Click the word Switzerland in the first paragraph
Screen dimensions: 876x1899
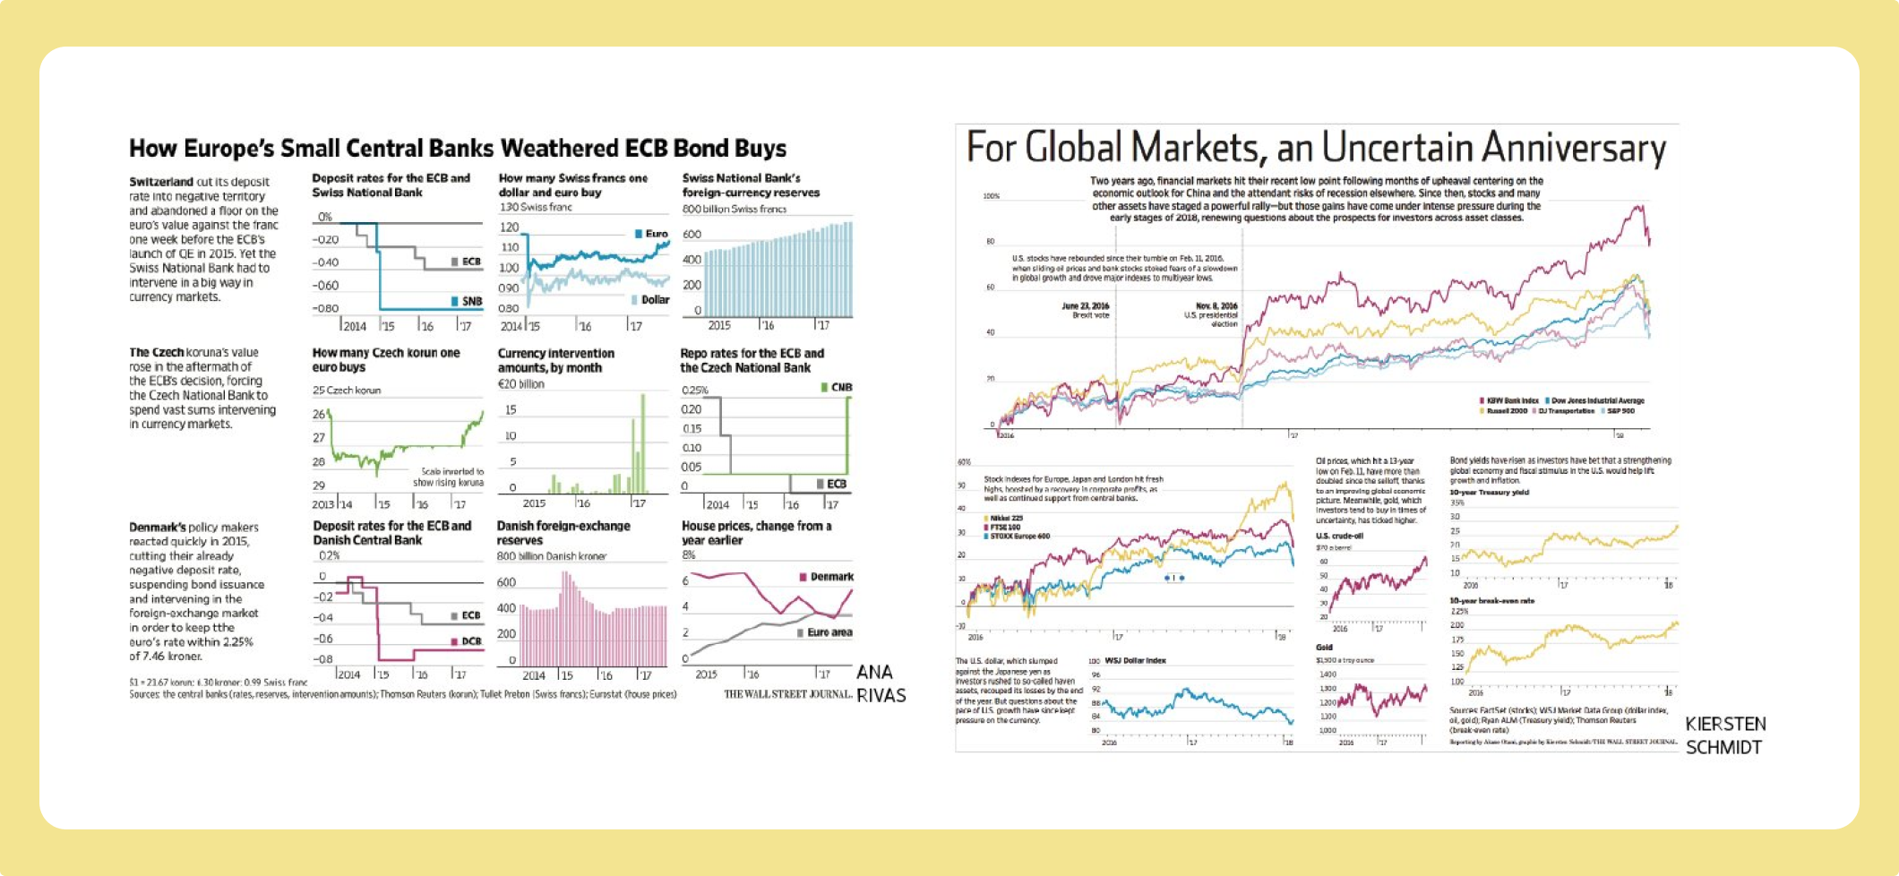pyautogui.click(x=161, y=182)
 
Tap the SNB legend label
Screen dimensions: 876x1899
pyautogui.click(x=471, y=301)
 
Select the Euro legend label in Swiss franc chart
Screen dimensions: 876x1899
pyautogui.click(x=657, y=234)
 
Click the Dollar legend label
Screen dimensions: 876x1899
pyautogui.click(x=655, y=299)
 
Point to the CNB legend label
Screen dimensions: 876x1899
pyautogui.click(x=841, y=387)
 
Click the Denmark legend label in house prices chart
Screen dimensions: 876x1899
pyautogui.click(x=831, y=577)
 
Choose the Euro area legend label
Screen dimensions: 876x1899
pyautogui.click(x=829, y=632)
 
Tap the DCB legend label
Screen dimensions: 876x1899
pyautogui.click(x=471, y=641)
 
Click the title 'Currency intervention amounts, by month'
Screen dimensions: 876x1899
pyautogui.click(x=555, y=360)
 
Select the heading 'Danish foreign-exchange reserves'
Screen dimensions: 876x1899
pyautogui.click(x=563, y=533)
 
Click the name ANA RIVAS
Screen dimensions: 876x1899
pyautogui.click(x=881, y=683)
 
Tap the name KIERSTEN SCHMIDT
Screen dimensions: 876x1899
pyautogui.click(x=1725, y=735)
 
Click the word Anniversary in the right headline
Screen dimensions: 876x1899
pyautogui.click(x=1573, y=148)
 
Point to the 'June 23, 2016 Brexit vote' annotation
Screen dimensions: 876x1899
pyautogui.click(x=1086, y=310)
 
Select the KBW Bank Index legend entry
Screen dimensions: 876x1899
pyautogui.click(x=1513, y=400)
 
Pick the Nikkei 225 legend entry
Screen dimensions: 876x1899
pyautogui.click(x=1006, y=518)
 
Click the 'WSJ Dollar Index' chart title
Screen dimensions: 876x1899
pyautogui.click(x=1135, y=660)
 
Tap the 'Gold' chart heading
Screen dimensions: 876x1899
pyautogui.click(x=1324, y=647)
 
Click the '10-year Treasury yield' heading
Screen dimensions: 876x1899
pyautogui.click(x=1489, y=492)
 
